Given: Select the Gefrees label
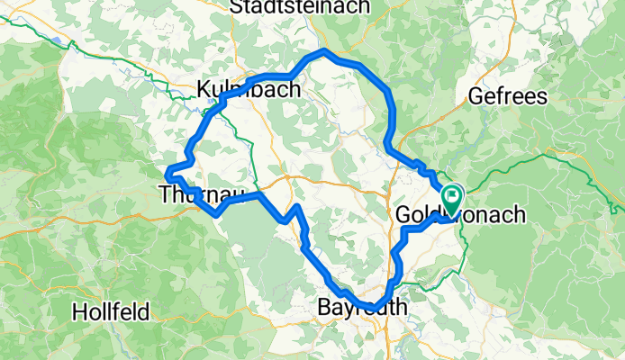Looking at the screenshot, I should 507,97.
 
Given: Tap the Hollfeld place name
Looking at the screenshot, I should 113,312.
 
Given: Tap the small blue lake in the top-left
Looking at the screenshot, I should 59,41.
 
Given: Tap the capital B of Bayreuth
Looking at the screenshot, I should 325,309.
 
